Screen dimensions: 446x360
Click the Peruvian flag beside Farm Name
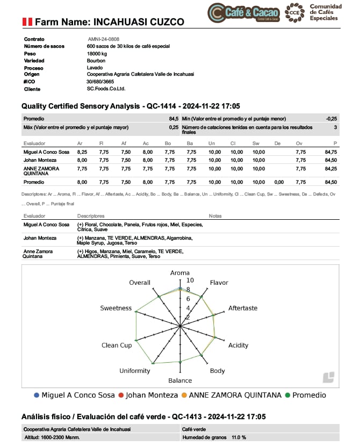click(x=27, y=22)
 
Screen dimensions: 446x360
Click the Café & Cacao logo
click(x=244, y=12)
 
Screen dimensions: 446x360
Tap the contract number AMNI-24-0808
click(x=104, y=39)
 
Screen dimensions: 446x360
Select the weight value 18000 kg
click(x=97, y=53)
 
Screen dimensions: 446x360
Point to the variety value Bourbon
click(x=96, y=60)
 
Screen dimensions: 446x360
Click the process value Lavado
click(x=95, y=67)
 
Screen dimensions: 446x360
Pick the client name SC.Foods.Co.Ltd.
click(x=106, y=89)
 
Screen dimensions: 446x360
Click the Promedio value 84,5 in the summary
click(x=174, y=118)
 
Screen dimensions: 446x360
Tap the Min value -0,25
click(x=332, y=118)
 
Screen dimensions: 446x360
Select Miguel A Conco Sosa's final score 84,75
click(x=331, y=152)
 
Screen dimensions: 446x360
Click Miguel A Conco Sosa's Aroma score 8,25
click(x=82, y=152)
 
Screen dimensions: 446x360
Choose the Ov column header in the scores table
click(x=299, y=143)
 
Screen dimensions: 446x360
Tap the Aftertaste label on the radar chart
click(x=243, y=308)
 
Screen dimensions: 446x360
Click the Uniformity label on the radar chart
click(x=135, y=371)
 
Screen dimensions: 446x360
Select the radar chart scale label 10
click(x=190, y=280)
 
